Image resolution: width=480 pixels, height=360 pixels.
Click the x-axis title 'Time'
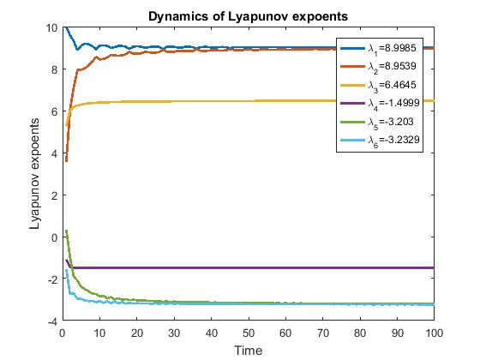tap(249, 350)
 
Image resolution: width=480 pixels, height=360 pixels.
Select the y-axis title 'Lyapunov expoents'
tap(35, 174)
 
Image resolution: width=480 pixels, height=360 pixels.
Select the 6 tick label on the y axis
tap(53, 111)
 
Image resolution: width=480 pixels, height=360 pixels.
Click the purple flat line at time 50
tap(249, 267)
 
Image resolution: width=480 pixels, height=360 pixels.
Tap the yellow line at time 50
tap(249, 101)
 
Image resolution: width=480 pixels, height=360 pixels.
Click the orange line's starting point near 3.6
tap(67, 160)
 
